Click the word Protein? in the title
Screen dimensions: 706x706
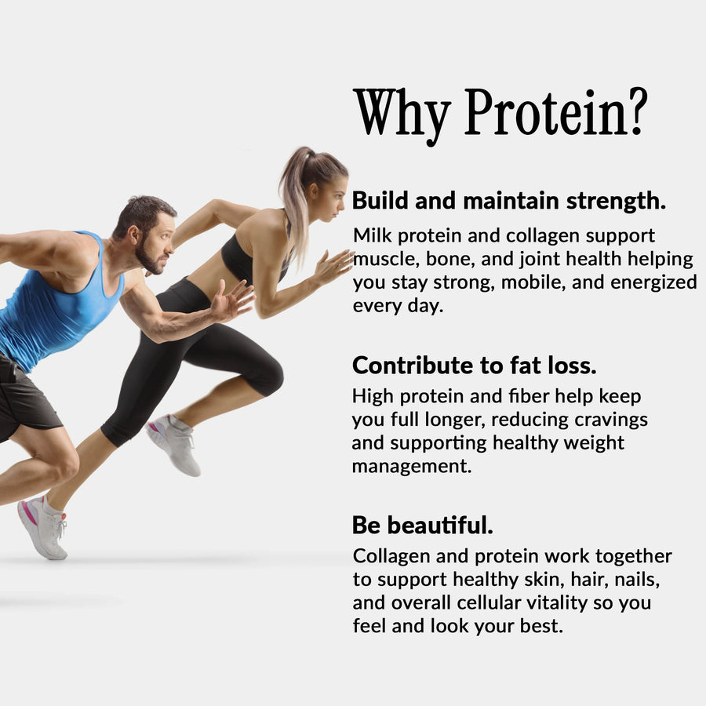[555, 115]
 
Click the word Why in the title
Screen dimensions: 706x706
[402, 115]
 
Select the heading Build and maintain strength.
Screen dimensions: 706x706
[509, 201]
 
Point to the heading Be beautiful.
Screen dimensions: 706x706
[422, 525]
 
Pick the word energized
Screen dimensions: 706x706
[647, 282]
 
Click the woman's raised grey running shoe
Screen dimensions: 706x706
[174, 444]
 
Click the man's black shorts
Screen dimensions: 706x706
[27, 400]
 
